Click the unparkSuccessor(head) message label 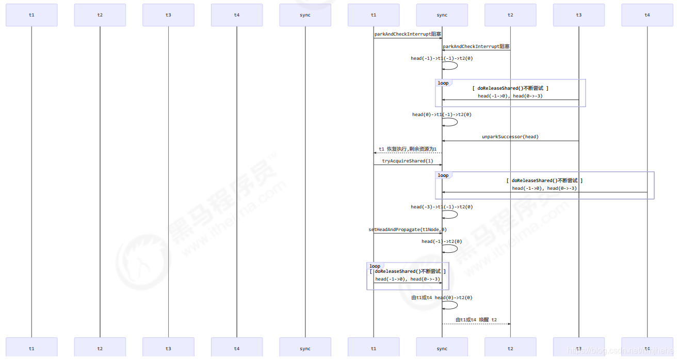point(510,137)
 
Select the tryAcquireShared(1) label point(408,161)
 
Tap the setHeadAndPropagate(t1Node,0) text point(408,230)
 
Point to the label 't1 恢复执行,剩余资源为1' point(408,149)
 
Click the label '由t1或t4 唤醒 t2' point(476,320)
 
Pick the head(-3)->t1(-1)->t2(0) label point(442,207)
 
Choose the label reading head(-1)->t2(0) point(442,241)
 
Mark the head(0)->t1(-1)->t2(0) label point(442,114)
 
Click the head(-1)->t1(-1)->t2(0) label point(442,58)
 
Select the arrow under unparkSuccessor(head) point(510,141)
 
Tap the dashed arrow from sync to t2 point(476,324)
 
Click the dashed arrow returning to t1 point(408,153)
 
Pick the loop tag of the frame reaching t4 point(443,175)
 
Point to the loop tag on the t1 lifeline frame point(375,266)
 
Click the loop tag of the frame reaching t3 point(443,83)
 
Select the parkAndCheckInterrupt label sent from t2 point(476,46)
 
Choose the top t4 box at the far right point(647,15)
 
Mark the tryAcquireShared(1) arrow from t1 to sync point(408,165)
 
